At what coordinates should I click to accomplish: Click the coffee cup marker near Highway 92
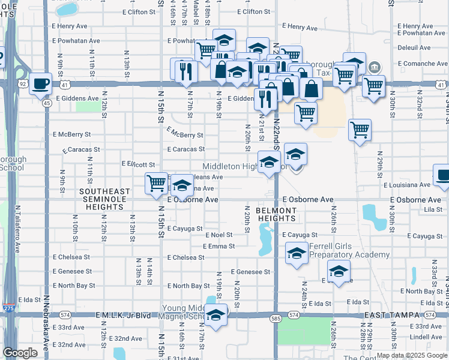click(x=41, y=84)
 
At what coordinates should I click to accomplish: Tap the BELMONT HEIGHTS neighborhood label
click(x=276, y=215)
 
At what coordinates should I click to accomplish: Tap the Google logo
click(x=20, y=353)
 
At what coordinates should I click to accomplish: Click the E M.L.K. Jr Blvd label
click(x=123, y=315)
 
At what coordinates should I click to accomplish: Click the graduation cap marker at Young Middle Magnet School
click(x=215, y=314)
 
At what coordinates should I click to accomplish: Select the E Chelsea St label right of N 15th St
click(x=185, y=257)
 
